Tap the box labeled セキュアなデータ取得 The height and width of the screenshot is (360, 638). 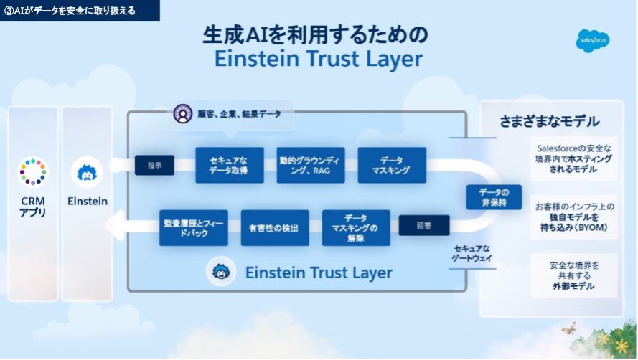point(230,165)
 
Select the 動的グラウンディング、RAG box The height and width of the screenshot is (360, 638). point(311,165)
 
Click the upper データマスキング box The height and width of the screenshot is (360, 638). point(392,165)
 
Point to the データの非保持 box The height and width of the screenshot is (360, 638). point(494,196)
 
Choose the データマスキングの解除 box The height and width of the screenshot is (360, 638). point(356,227)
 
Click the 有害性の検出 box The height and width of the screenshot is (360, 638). point(275,227)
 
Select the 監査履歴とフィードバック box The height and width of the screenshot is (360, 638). point(194,227)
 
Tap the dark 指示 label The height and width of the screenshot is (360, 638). point(154,165)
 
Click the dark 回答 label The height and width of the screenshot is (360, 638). point(424,225)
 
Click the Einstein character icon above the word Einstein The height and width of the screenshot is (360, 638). point(88,172)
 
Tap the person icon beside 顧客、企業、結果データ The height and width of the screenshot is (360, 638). point(183,114)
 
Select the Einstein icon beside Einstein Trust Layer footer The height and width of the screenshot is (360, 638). point(221,272)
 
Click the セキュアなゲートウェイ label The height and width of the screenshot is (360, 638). point(473,253)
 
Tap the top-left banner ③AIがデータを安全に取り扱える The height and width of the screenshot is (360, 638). point(79,10)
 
